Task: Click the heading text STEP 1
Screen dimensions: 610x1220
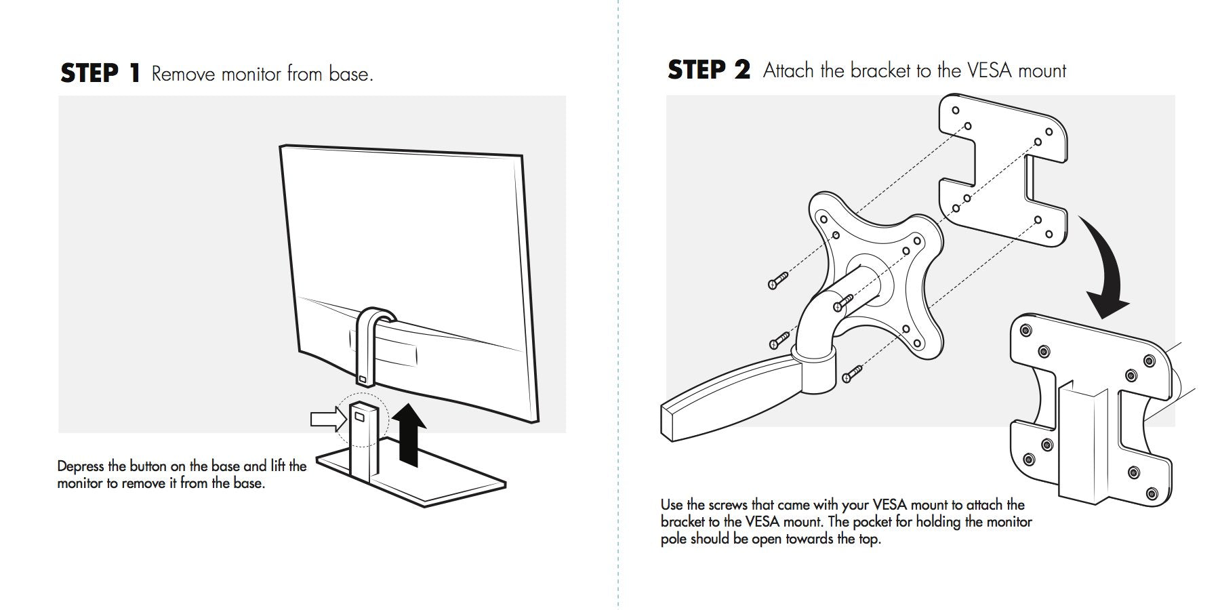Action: click(100, 73)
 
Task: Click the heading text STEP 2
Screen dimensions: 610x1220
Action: click(708, 70)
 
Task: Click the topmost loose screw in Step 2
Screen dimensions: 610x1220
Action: click(778, 280)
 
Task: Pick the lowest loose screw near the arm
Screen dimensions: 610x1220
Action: click(851, 373)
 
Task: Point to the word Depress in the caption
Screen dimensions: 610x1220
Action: click(81, 466)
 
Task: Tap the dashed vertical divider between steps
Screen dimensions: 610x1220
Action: click(619, 305)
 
